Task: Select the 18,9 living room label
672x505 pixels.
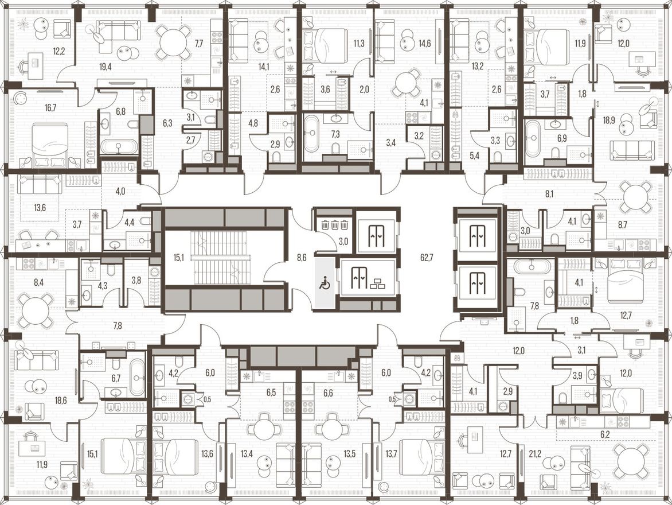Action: (610, 120)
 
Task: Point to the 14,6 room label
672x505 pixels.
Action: (425, 44)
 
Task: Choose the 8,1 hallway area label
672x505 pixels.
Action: (549, 194)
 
